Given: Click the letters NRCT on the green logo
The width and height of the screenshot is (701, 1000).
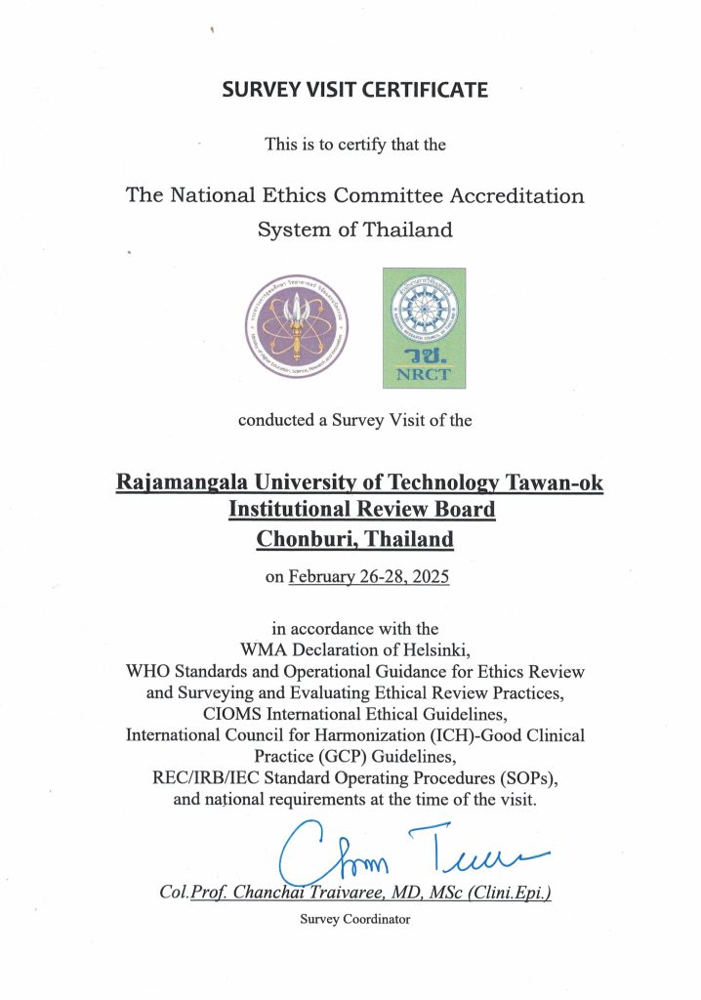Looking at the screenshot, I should (423, 373).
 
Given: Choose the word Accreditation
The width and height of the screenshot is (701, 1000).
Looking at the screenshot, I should (516, 194).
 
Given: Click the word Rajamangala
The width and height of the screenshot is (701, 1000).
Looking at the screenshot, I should (179, 482).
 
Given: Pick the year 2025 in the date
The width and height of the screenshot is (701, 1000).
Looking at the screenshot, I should (430, 577).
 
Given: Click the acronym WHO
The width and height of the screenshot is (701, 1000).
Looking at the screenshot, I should (150, 671).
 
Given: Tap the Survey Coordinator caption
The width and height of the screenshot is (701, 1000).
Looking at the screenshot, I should (355, 919).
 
